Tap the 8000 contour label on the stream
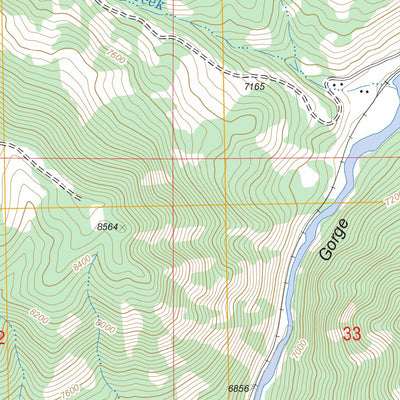point(103,327)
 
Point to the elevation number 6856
point(239,387)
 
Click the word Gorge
point(334,240)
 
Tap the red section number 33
point(352,334)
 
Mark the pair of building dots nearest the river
point(366,91)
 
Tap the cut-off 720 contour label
point(391,201)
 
